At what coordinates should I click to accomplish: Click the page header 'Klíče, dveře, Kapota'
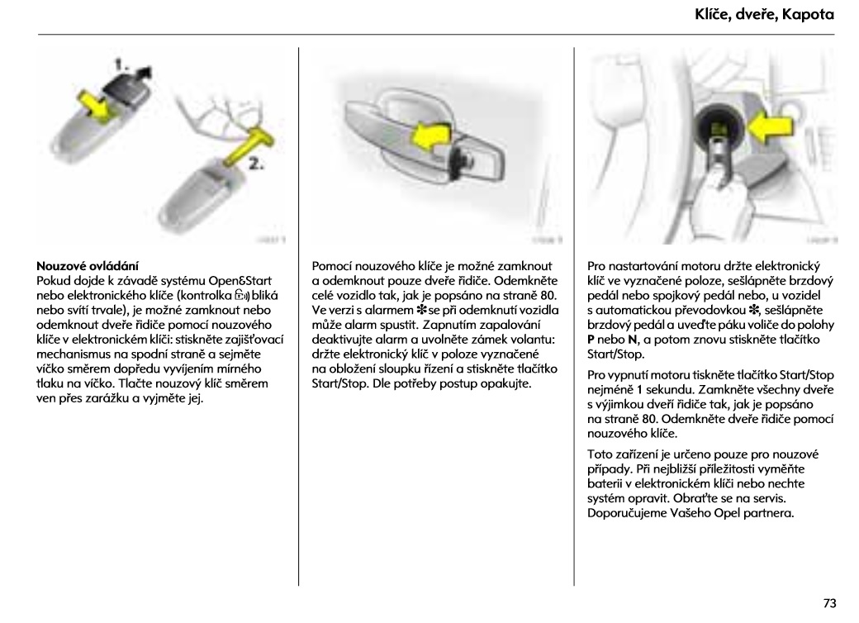click(x=763, y=15)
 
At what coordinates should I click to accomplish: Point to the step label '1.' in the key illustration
click(x=121, y=63)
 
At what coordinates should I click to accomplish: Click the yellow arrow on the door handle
click(x=434, y=134)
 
